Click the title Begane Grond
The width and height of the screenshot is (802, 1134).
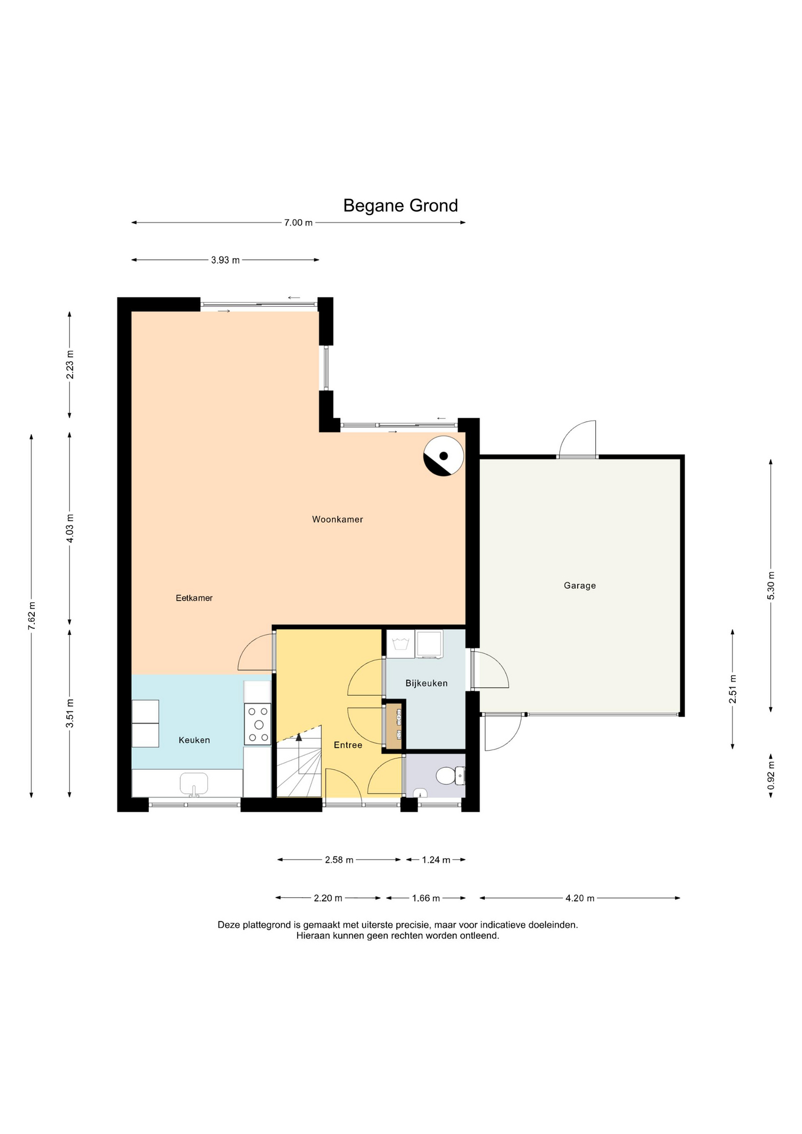pos(400,206)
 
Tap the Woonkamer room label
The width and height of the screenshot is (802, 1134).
pos(337,520)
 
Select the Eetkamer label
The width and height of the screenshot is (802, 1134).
pos(194,598)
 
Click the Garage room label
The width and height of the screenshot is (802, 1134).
pos(579,586)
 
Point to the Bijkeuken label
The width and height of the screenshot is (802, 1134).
pos(426,683)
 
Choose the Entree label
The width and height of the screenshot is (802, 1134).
pos(348,745)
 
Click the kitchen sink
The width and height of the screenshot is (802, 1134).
pos(194,784)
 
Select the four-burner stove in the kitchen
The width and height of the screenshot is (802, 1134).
pos(258,724)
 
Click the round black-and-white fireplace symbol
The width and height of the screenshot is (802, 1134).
pos(444,456)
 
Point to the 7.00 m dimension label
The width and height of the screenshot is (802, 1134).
pos(298,223)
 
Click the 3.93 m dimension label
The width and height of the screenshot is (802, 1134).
pos(225,260)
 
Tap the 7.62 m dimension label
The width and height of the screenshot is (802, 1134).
pos(32,616)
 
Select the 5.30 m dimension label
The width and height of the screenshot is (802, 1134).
pos(771,586)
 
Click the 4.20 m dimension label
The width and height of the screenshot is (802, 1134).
pos(580,898)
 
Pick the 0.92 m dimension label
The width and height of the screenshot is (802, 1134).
pos(771,775)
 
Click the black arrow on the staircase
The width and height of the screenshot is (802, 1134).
pos(299,737)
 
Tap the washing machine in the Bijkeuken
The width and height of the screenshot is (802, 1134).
pos(429,644)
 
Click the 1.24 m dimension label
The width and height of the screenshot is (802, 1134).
pos(436,860)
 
